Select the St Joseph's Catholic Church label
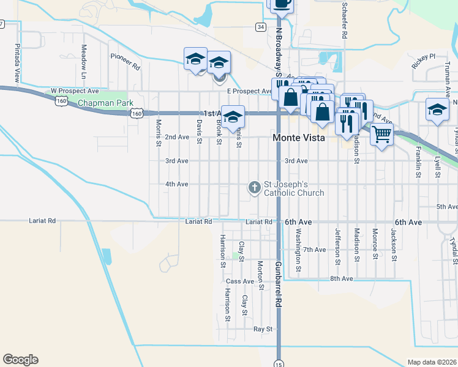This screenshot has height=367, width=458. tap(293, 188)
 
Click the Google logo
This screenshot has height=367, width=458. tap(20, 360)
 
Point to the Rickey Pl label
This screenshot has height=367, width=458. tap(423, 56)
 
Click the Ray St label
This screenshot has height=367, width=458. tap(263, 329)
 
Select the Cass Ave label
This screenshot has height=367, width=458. tap(239, 281)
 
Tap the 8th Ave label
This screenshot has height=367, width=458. tap(342, 278)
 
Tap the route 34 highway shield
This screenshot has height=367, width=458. tap(261, 27)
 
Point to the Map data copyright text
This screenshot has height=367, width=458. tap(431, 362)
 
